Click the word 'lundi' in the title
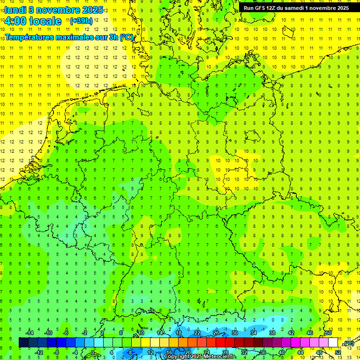15,10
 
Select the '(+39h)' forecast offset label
80,21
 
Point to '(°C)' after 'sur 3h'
126,37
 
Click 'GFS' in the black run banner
261,8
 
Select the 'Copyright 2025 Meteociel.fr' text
200,357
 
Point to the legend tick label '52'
337,352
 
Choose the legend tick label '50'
329,333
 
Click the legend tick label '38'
272,333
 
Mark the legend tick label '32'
244,352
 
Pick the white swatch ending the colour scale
333,342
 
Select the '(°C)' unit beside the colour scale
349,343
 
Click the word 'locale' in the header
45,21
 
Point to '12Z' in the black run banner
274,8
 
